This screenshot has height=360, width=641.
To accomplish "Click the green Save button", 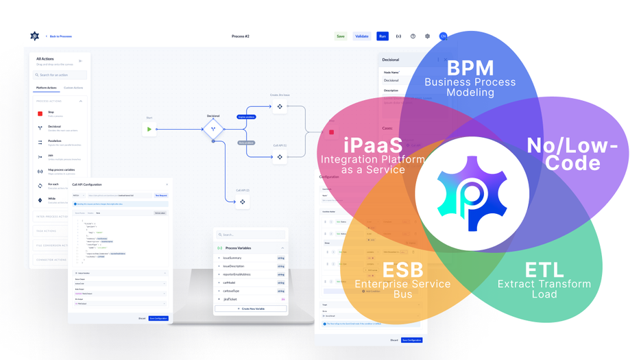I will pos(341,36).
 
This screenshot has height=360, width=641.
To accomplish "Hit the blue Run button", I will pos(383,36).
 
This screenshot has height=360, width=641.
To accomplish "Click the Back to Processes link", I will pos(60,36).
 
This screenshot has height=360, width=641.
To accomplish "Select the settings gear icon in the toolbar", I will pos(427,36).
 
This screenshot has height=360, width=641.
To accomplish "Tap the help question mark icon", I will pos(413,36).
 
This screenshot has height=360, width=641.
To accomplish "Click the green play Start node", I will pos(149,129).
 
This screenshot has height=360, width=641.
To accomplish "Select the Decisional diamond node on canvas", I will pos(213,129).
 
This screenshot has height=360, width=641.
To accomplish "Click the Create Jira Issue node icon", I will pos(280,107).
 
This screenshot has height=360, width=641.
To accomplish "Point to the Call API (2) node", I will pos(243,202).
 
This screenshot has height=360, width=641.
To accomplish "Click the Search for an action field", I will pos(60,75).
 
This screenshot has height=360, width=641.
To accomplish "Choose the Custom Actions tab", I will pos(73,88).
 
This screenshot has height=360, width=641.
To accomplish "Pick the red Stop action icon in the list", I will pos(40,114).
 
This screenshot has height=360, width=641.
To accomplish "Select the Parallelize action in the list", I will pos(55,142).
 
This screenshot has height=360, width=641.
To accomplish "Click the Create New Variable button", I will pos(251,309).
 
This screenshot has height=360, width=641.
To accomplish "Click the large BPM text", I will pos(470,68).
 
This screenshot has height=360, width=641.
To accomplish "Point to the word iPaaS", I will pos(373,145).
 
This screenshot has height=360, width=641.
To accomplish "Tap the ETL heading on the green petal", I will pos(544,269).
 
